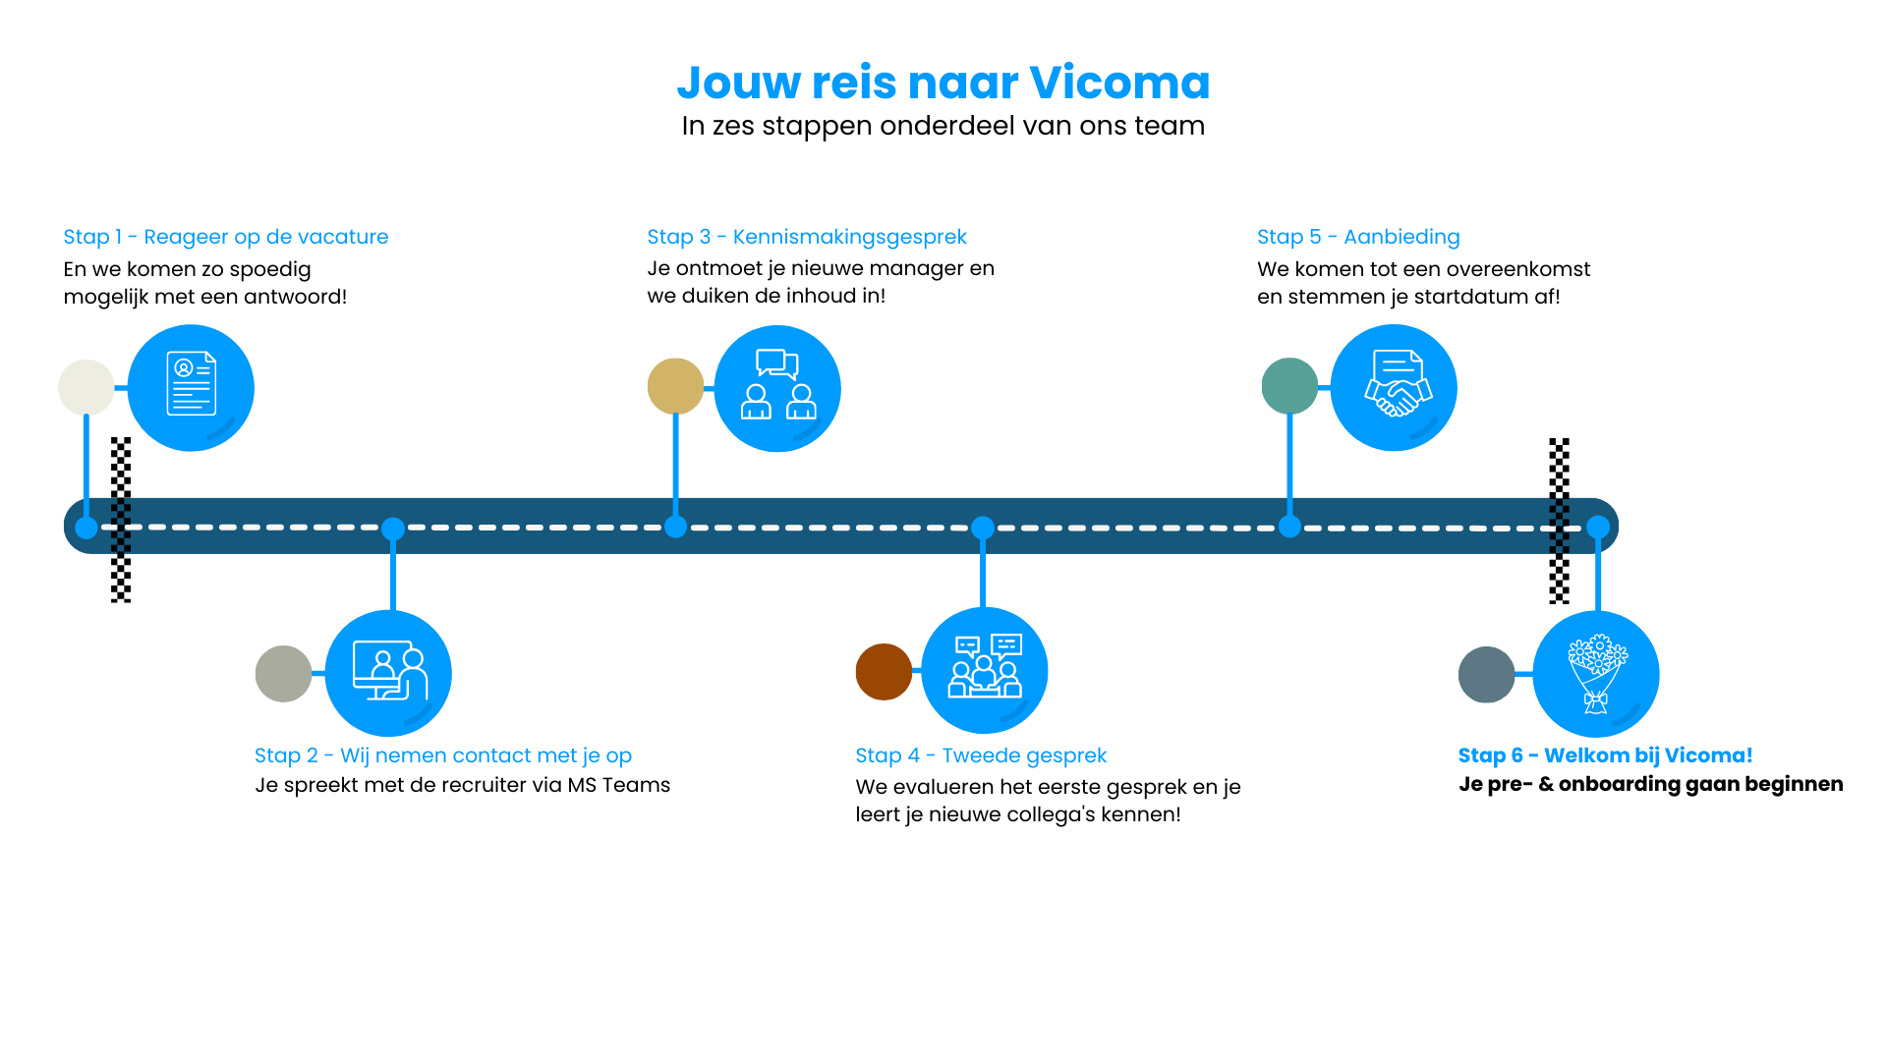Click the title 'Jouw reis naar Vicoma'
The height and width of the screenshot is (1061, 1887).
943,83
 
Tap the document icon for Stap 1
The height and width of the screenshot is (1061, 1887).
191,385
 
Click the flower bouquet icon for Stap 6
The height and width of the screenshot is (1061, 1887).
1596,674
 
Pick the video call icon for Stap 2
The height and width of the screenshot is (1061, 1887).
389,672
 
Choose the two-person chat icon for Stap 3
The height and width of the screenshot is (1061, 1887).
777,386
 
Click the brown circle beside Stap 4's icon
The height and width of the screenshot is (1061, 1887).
884,672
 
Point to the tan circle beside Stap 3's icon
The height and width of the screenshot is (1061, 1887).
675,386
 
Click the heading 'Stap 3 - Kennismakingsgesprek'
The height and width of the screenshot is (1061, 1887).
806,237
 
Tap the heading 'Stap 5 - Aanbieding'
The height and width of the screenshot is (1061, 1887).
1357,237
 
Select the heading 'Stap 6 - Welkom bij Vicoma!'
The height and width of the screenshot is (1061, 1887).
1604,755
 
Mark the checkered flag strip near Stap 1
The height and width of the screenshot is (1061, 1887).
121,520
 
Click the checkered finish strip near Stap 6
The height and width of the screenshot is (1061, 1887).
1559,520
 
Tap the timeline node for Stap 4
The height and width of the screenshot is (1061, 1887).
983,528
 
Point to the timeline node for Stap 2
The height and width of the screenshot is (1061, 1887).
393,529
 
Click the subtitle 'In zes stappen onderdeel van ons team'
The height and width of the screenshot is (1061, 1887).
943,126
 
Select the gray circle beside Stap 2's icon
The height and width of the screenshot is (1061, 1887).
283,674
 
